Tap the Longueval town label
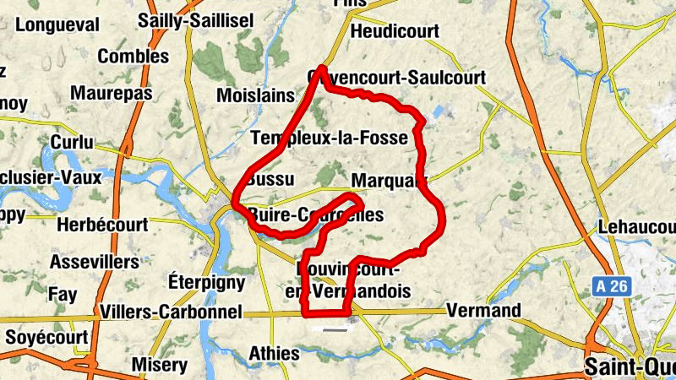click(57, 24)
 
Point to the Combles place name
click(134, 57)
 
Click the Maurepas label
click(112, 92)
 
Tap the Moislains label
click(255, 95)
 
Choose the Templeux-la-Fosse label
click(330, 137)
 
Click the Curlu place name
click(73, 142)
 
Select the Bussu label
click(271, 180)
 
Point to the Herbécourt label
click(102, 225)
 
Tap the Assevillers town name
click(93, 262)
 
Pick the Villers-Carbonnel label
click(170, 312)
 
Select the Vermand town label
click(484, 311)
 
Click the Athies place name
click(275, 353)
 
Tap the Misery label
click(159, 365)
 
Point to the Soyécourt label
click(46, 337)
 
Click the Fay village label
click(63, 295)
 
